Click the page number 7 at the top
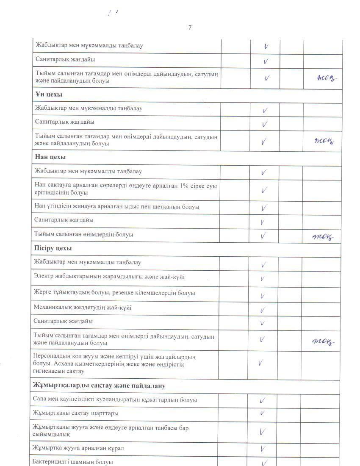(190, 28)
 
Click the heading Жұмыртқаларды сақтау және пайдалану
(99, 386)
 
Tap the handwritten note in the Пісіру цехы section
(324, 341)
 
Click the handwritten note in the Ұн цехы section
(324, 141)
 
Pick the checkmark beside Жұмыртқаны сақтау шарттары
(263, 413)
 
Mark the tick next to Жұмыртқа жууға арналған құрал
(263, 449)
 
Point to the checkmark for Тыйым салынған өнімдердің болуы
(263, 235)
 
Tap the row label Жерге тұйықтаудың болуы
(114, 293)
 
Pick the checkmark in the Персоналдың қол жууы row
(260, 363)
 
